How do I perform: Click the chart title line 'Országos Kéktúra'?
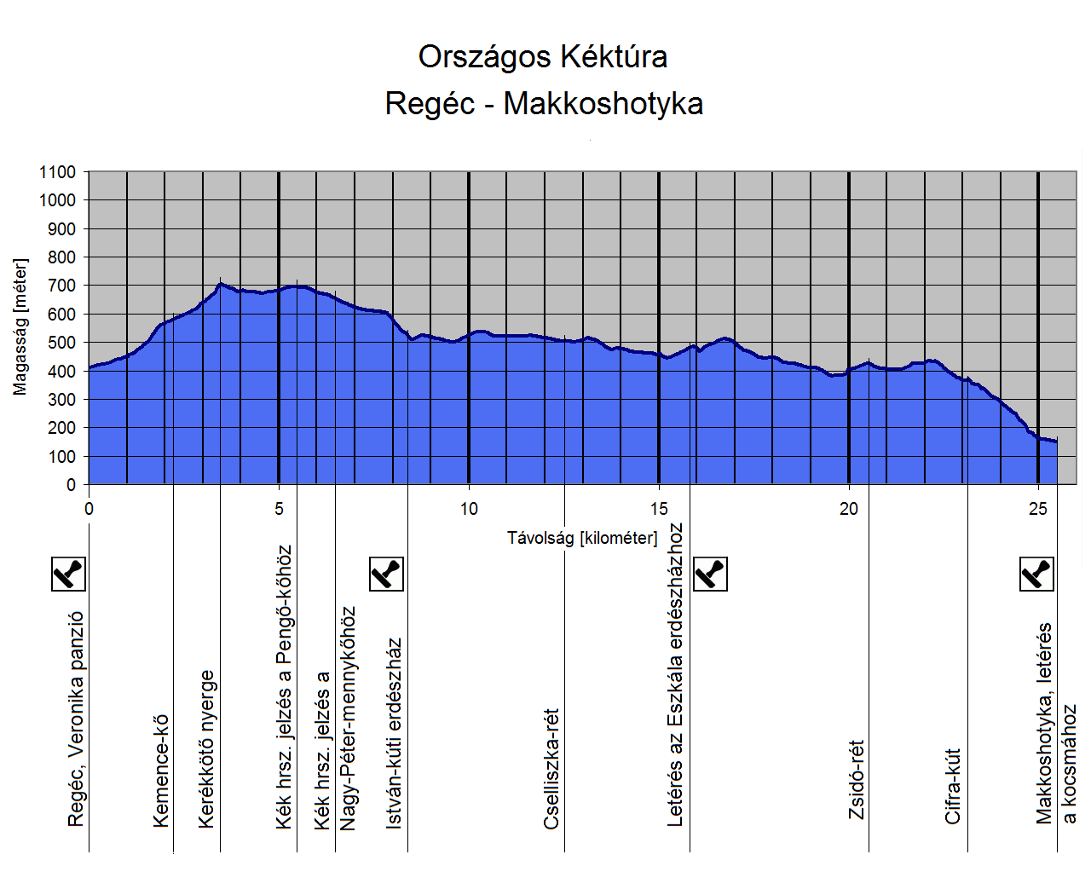coord(543,57)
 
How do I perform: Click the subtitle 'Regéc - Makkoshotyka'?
coord(544,104)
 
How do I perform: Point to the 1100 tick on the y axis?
coord(57,172)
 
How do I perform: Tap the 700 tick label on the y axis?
coord(61,286)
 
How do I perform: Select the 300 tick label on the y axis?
coord(61,400)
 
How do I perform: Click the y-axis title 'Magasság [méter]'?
coord(20,327)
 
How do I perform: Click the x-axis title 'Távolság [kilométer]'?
coord(582,538)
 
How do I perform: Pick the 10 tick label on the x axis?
coord(469,509)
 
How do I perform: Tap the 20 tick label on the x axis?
coord(849,509)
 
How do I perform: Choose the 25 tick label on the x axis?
coord(1037,509)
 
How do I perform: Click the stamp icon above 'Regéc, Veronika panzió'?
coord(69,574)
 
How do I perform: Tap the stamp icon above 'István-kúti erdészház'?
coord(386,574)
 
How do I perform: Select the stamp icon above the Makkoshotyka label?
coord(1037,574)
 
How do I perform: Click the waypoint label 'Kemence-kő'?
coord(161,771)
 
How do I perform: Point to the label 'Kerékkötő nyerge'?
coord(206,748)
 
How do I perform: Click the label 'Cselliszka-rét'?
coord(552,768)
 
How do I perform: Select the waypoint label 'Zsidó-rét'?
coord(857,779)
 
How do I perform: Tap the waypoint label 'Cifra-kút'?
coord(953,786)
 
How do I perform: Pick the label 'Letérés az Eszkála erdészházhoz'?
coord(675,674)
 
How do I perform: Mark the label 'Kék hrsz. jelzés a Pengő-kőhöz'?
coord(284,687)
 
